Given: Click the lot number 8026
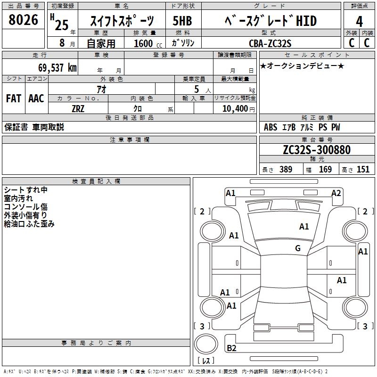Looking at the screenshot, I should pos(23,20).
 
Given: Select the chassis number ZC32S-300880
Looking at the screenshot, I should pos(316,150).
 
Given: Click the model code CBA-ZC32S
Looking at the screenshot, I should pos(270,43).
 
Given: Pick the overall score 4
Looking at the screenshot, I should pos(359,21).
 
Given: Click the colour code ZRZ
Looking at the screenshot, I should pos(78,108).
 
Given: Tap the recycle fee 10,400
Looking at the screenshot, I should pos(234,108).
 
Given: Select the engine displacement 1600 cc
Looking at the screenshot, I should pos(144,43).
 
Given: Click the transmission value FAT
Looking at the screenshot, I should pos(13,98).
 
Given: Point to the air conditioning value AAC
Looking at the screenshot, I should pos(36,98).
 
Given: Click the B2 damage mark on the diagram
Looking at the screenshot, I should pos(231,348).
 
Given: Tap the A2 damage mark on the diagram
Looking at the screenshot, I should pos(336,193).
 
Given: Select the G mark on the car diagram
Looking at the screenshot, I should pos(298,248).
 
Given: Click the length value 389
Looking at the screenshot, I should pos(286,170).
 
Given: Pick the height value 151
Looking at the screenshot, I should pos(363,170).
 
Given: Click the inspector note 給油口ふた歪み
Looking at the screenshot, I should pos(29,224).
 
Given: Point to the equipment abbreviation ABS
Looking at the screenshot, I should pos(270,127).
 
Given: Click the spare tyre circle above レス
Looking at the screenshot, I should pos(206,344).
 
